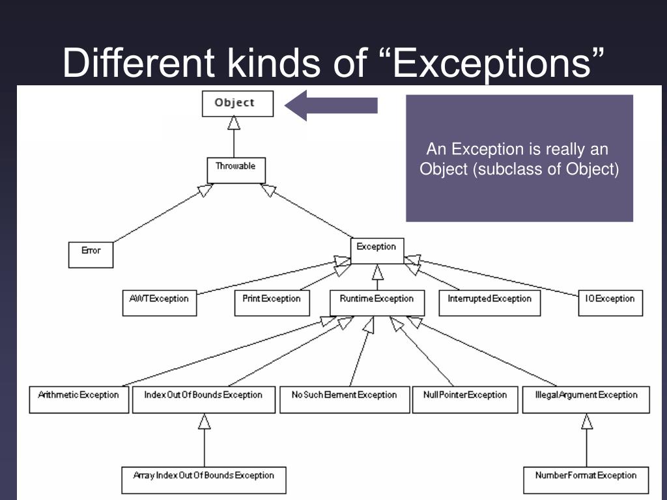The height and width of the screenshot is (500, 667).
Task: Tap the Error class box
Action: (x=91, y=254)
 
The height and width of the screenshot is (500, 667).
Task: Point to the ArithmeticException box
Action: (x=78, y=399)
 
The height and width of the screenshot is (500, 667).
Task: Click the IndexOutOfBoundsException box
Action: (x=203, y=399)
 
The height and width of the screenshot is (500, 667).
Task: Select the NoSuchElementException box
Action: (x=344, y=399)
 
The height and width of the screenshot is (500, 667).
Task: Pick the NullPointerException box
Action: (x=464, y=399)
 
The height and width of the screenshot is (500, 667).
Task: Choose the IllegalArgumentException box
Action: (x=586, y=399)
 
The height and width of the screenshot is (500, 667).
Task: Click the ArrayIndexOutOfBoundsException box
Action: (x=204, y=479)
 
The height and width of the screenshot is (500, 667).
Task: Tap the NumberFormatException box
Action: (x=586, y=479)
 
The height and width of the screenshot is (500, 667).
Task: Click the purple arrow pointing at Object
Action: (x=332, y=105)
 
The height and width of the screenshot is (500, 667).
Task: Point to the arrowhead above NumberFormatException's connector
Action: (x=587, y=422)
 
